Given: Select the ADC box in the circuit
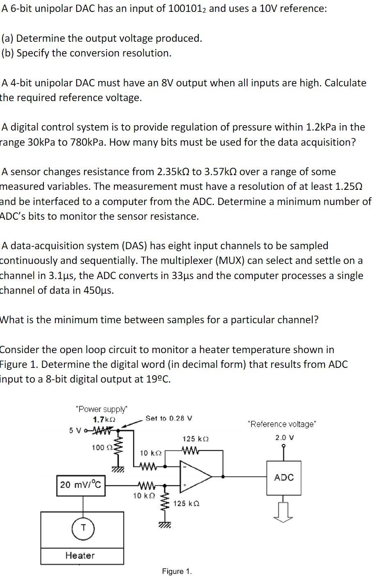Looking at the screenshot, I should tap(284, 477).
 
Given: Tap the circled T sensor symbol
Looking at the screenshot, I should tap(83, 528).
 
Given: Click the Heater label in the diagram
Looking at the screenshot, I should tap(80, 555).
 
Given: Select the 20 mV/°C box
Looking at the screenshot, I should tap(80, 485).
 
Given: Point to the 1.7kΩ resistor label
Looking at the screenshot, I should tap(104, 420).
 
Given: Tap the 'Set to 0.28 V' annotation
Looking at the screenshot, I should tap(169, 418).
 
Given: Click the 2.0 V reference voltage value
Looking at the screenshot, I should tap(285, 437).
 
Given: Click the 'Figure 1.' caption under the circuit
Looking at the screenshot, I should tap(177, 571).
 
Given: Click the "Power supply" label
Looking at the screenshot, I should tap(102, 409).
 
